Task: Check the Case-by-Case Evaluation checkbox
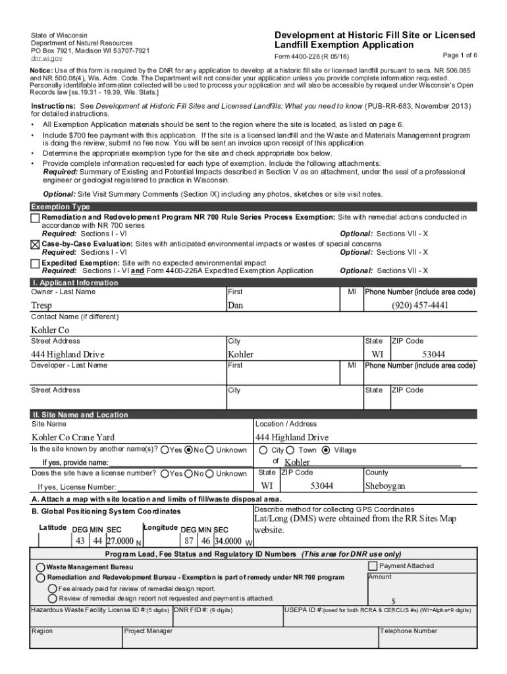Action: [x=35, y=244]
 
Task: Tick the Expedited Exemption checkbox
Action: [x=35, y=263]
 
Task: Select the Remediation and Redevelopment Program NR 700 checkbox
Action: [x=35, y=218]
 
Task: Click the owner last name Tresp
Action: [x=41, y=305]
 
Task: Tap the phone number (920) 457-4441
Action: [x=419, y=305]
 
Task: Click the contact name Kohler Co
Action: [x=50, y=330]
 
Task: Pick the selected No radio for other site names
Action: [x=188, y=450]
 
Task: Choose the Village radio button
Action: [x=326, y=450]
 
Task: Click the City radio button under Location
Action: [x=263, y=450]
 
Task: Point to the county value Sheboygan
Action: [x=385, y=486]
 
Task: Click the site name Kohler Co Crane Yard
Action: [x=72, y=438]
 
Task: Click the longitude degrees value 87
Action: [x=189, y=541]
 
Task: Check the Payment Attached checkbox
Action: [x=373, y=566]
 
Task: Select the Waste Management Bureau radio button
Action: [x=41, y=567]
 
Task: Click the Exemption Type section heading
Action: [x=61, y=207]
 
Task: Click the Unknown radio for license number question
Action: [x=210, y=473]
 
